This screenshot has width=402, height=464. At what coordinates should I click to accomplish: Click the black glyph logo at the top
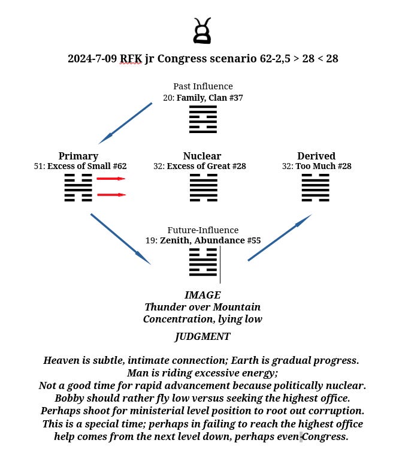coord(202,31)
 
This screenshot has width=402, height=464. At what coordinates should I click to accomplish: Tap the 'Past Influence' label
coord(202,86)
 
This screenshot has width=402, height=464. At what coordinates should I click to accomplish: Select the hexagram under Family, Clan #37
coord(202,119)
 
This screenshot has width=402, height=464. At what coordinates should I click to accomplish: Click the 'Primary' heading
coord(78,156)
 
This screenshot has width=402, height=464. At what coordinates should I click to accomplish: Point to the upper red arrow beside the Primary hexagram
coord(111,179)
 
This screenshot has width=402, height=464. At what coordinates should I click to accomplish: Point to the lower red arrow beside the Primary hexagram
coord(111,195)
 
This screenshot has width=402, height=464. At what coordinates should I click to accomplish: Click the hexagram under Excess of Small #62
coord(78,188)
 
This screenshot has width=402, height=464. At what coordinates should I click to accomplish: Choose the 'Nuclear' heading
coord(202,156)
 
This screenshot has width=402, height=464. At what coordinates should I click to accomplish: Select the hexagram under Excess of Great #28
coord(202,188)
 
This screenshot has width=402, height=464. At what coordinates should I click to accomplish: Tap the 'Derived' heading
coord(316,156)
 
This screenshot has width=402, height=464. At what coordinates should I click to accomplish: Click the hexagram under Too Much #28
coord(316,188)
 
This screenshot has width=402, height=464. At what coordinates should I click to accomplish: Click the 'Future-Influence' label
coord(202,230)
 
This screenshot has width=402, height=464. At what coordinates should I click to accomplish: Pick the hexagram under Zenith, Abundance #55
coord(202,263)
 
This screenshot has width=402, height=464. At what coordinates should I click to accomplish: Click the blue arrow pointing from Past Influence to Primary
coord(125,123)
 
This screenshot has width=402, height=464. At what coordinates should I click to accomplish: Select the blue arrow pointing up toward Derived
coord(280,237)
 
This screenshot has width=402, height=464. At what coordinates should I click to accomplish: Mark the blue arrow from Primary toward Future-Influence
coord(120,239)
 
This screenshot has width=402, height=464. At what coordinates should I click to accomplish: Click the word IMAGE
coord(202,295)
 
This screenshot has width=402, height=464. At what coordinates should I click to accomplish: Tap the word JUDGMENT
coord(202,336)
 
